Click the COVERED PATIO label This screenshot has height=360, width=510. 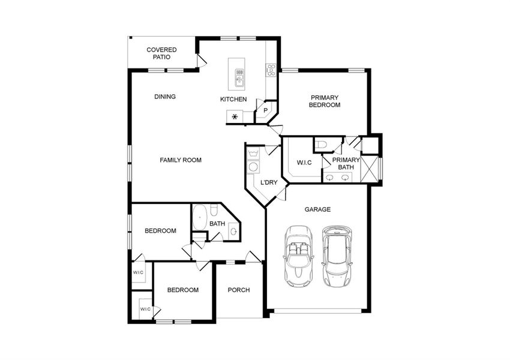(161, 53)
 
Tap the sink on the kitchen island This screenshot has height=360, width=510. (239, 77)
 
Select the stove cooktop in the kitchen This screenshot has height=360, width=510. (271, 70)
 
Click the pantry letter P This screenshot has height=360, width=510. (265, 110)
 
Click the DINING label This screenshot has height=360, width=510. (165, 97)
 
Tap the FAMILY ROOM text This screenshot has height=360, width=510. (181, 160)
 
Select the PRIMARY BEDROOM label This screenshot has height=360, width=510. (325, 101)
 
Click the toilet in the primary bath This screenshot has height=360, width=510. (320, 145)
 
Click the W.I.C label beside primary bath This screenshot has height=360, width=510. (304, 163)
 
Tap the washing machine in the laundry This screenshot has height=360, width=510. (253, 153)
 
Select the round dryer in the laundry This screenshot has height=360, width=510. (253, 167)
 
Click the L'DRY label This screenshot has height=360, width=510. (269, 182)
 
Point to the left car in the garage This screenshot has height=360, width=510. (298, 255)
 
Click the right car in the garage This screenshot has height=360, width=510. (337, 255)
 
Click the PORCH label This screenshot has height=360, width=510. (239, 290)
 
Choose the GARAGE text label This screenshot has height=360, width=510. (317, 209)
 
